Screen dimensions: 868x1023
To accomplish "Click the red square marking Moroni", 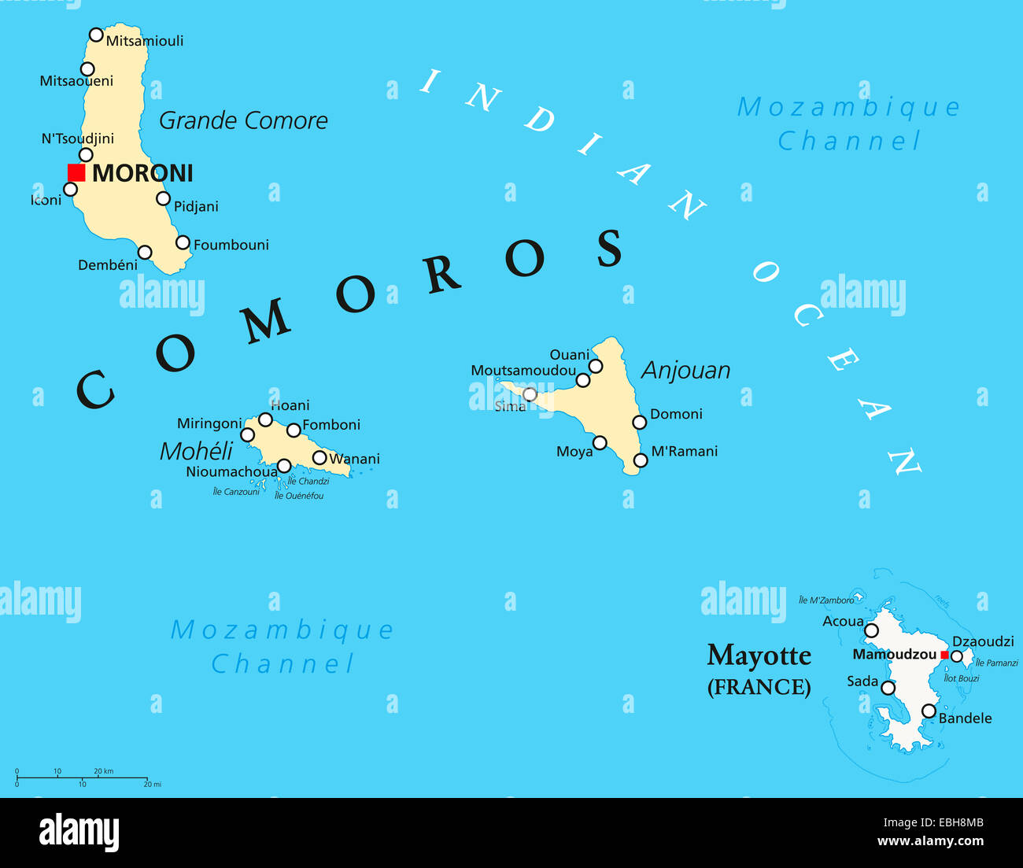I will tap(76, 172).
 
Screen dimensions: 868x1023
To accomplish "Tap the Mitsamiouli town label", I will tap(145, 41).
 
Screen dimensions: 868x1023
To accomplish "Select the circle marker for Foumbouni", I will tap(183, 242).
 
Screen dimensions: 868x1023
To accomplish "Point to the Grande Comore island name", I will tap(243, 120).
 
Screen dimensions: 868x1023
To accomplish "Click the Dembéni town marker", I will tap(145, 253).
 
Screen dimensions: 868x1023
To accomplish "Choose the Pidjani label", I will tap(196, 207).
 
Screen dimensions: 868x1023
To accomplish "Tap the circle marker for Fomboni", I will tap(294, 430).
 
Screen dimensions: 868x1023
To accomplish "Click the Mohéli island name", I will tap(196, 451).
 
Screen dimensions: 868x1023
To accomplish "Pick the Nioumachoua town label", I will tap(231, 472).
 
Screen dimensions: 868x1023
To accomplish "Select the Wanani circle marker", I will tap(319, 458).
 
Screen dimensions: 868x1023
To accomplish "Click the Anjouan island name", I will tap(686, 371).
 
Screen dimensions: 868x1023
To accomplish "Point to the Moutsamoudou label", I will tap(523, 371).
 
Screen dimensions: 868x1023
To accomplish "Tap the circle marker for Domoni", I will tap(640, 423).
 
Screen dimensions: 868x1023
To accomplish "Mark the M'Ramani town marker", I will tap(641, 460).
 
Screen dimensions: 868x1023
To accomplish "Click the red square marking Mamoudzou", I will tap(944, 655).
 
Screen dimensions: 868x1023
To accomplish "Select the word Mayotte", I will tap(759, 656).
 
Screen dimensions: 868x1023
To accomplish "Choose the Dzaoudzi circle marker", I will tap(957, 656).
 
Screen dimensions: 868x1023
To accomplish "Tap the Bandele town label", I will tap(965, 718).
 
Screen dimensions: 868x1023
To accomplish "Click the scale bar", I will tap(82, 778).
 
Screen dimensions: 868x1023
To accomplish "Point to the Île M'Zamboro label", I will tap(826, 600).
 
